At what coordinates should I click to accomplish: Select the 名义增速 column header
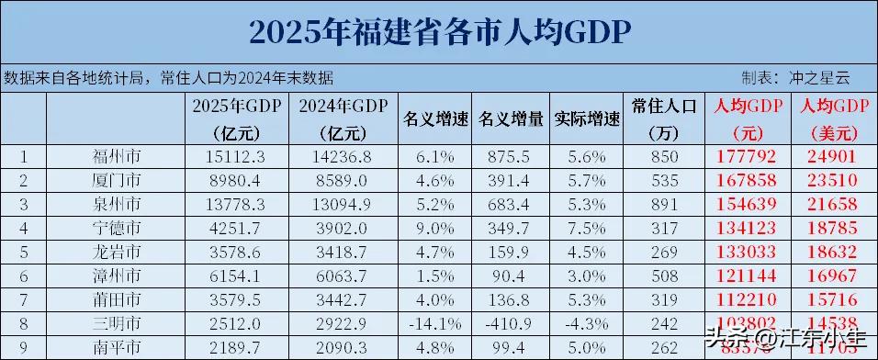click(437, 118)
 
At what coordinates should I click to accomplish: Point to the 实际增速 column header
click(587, 118)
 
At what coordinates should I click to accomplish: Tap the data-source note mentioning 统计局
click(169, 77)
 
